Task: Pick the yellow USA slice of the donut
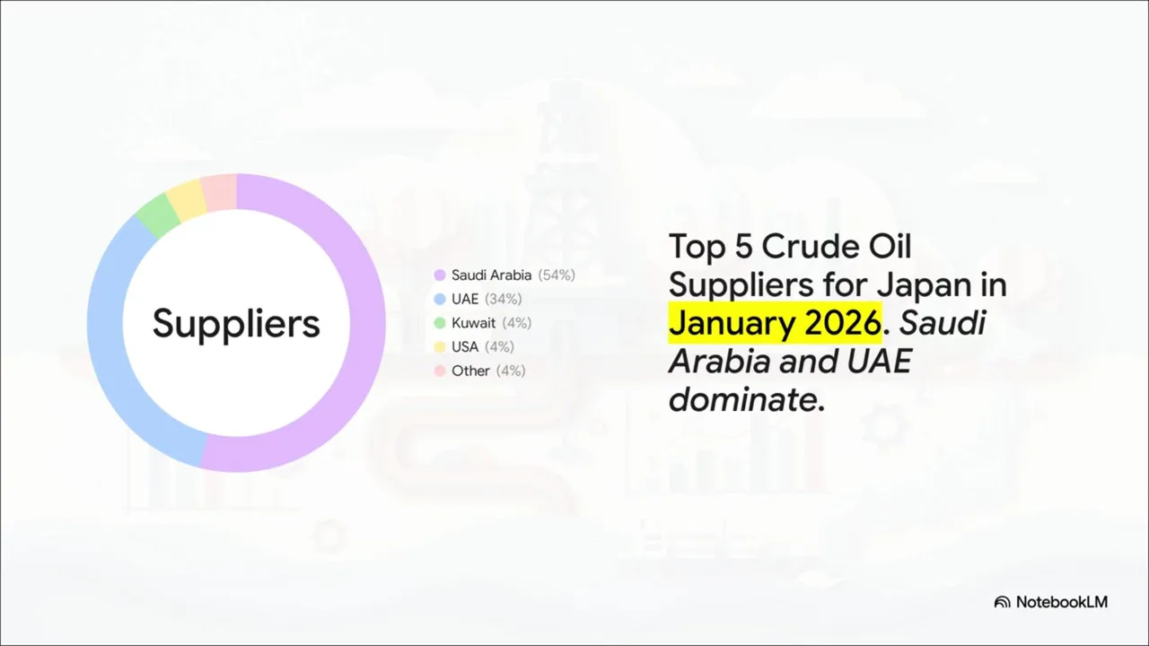[x=186, y=199]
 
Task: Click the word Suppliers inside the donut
[x=236, y=324]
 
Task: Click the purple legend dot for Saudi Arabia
[x=440, y=275]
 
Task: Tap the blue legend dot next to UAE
[x=440, y=299]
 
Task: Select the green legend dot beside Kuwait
[x=440, y=323]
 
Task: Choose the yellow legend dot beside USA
[x=440, y=347]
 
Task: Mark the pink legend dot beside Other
[x=440, y=371]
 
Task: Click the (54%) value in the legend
[x=557, y=275]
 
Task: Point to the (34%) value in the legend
[x=504, y=299]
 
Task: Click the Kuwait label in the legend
[x=473, y=323]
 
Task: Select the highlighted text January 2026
[x=775, y=322]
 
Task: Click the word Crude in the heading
[x=810, y=247]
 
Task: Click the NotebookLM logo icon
[x=1003, y=602]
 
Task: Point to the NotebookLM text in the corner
[x=1062, y=602]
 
